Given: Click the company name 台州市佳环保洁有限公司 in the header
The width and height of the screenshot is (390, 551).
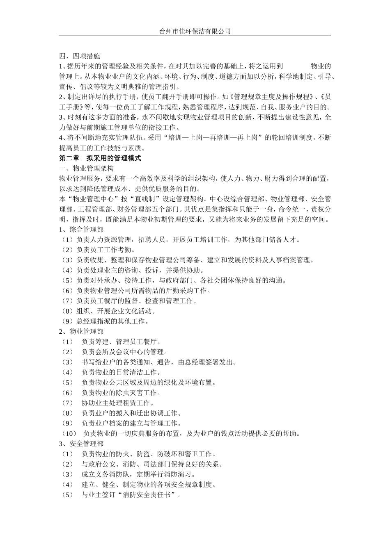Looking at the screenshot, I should tap(195, 31).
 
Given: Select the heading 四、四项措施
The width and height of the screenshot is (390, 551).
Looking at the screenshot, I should tap(79, 56).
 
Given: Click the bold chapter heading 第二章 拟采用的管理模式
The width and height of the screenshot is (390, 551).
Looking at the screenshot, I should tap(100, 158).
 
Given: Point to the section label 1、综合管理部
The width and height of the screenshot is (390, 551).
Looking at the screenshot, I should tap(81, 230).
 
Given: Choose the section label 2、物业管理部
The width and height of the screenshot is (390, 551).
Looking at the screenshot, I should tap(81, 331).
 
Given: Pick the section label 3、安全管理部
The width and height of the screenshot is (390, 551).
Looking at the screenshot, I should tap(81, 444).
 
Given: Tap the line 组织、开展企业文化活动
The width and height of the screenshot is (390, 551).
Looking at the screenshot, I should tap(115, 311).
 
